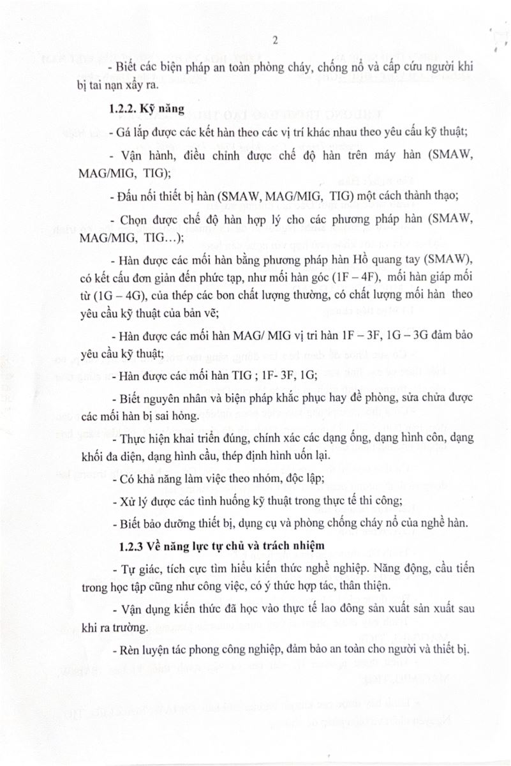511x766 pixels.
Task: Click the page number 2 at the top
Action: click(275, 41)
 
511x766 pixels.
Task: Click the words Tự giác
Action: click(133, 568)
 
